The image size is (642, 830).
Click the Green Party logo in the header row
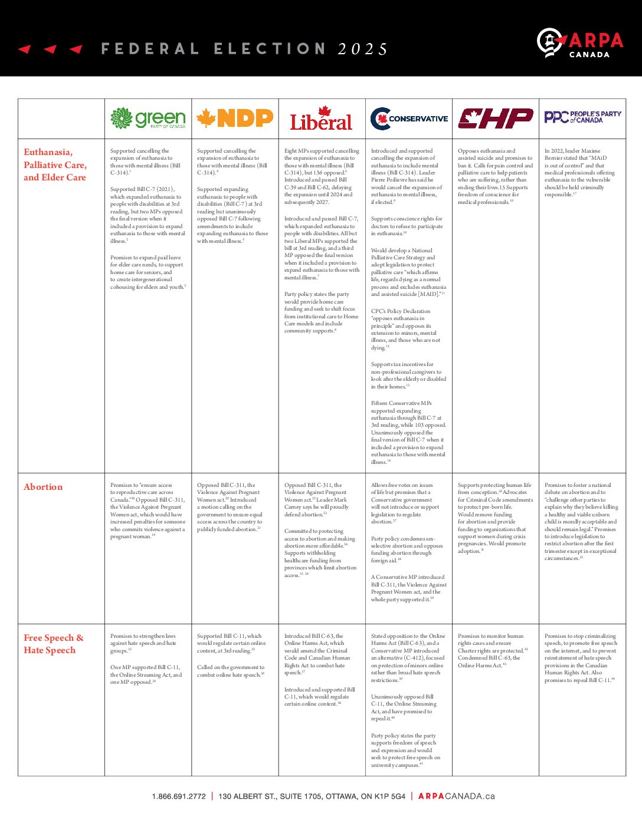point(148,118)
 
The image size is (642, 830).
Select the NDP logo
point(235,118)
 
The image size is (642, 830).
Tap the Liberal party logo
point(321,118)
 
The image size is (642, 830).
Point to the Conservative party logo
point(409,118)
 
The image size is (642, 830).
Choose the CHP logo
point(495,118)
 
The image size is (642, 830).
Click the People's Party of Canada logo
point(582,117)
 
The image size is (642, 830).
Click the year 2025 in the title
point(363,49)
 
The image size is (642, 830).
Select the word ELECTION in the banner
point(269,49)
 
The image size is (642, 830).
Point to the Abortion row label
point(43,487)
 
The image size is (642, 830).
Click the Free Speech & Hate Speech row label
point(54,644)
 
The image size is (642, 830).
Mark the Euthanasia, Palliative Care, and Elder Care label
point(55,164)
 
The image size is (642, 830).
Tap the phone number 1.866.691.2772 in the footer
point(179,796)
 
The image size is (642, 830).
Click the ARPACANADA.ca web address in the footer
point(456,796)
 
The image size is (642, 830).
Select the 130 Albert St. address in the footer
point(312,796)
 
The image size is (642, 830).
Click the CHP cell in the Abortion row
point(495,518)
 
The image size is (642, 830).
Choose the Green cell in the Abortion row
point(148,510)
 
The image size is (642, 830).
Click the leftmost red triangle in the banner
point(24,49)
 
